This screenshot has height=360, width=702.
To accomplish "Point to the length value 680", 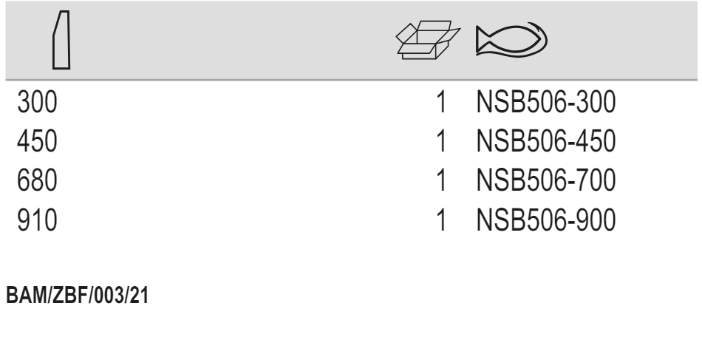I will pos(38,181).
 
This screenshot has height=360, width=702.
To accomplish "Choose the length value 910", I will pos(37,220).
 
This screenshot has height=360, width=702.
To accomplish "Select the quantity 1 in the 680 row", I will pos(442,181).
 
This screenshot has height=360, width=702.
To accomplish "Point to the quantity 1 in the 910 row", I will pos(442,220).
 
